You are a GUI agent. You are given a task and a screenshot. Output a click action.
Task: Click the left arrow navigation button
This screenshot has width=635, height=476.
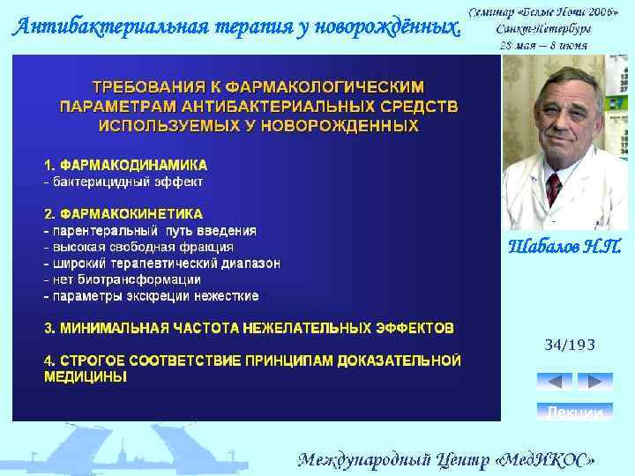pyautogui.click(x=554, y=382)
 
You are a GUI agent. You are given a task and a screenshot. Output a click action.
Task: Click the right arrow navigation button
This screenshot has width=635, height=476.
pyautogui.click(x=595, y=382)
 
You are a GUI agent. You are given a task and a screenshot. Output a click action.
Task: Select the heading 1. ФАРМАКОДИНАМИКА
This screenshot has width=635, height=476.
pyautogui.click(x=126, y=165)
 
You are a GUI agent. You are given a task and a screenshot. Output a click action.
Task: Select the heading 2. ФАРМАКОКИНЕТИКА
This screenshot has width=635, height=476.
pyautogui.click(x=123, y=213)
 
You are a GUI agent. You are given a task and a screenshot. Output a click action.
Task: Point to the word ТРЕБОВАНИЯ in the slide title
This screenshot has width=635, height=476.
pyautogui.click(x=144, y=87)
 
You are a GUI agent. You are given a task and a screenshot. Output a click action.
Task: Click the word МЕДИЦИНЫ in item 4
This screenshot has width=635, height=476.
pyautogui.click(x=85, y=376)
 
